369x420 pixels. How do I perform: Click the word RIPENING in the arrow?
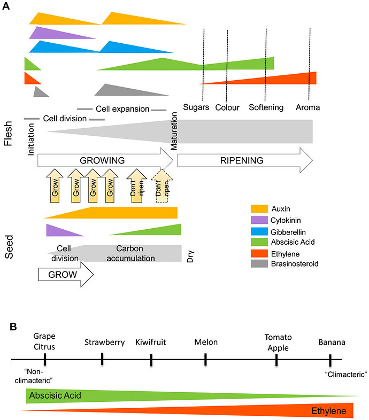242,159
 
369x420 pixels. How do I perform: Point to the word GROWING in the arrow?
102,159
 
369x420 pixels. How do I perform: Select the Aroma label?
307,108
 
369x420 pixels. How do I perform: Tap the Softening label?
266,108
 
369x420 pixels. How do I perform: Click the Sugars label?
196,108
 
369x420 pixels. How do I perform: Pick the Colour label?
227,108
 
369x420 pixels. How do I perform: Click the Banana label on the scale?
331,342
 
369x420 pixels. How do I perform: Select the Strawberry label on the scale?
102,342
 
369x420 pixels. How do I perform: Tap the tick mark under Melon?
205,362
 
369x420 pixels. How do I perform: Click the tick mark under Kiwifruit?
151,362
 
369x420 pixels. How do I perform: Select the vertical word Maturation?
174,131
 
